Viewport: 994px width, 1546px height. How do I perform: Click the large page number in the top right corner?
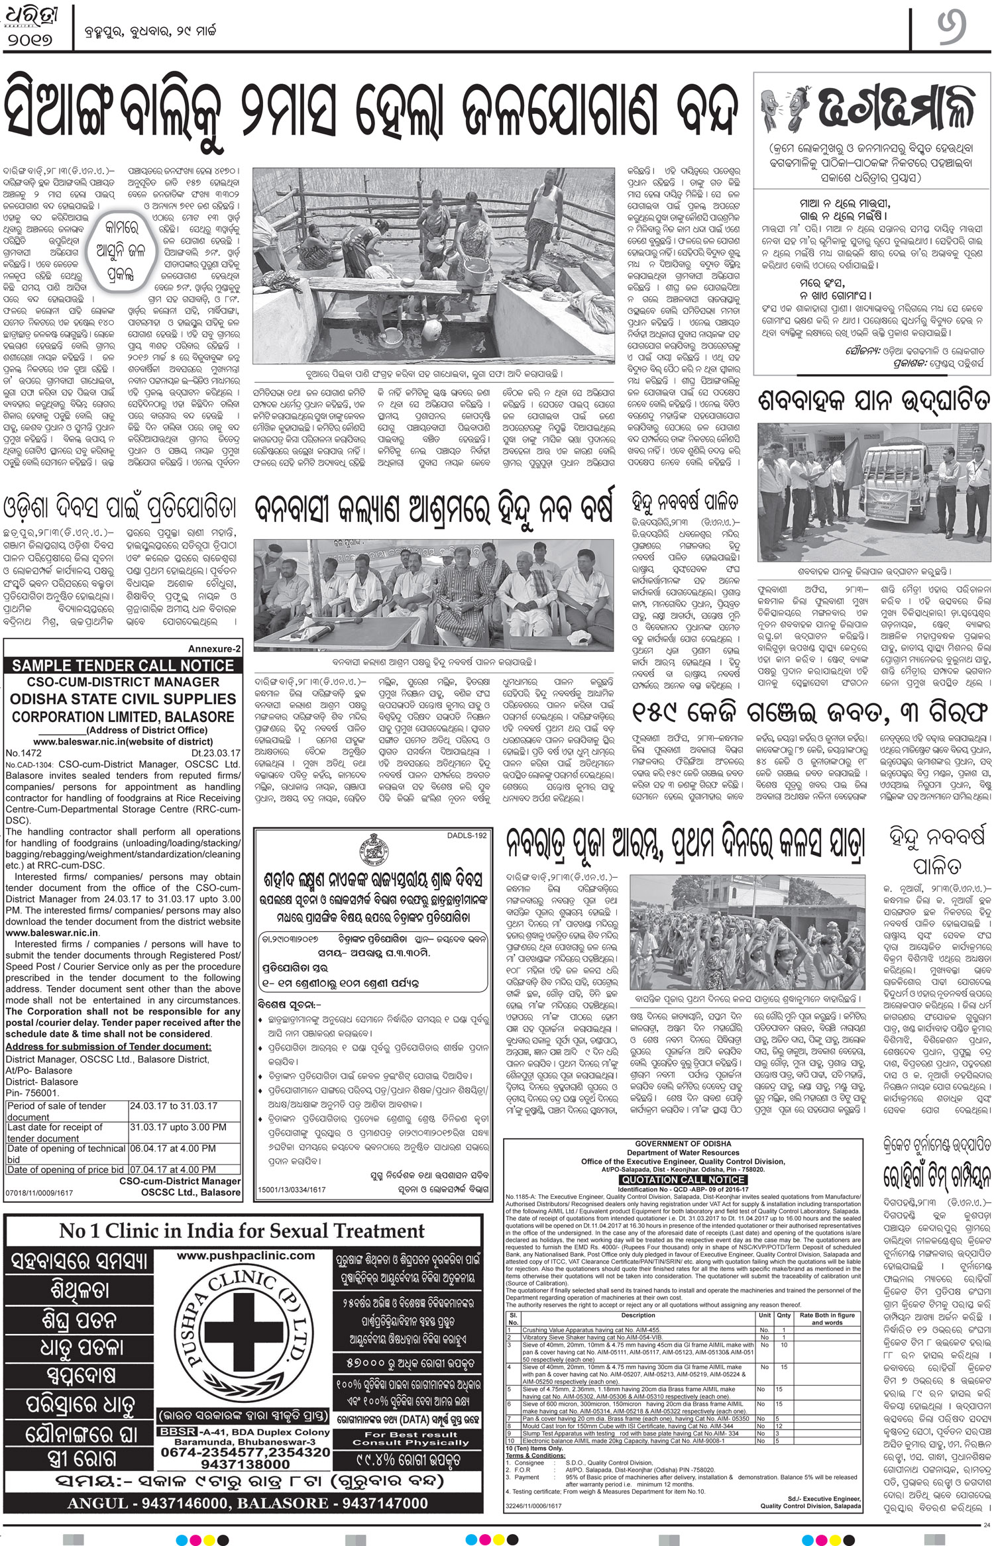tap(951, 32)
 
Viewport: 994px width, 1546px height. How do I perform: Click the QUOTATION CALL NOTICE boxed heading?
tap(683, 1180)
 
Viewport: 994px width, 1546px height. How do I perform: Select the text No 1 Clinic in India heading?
tap(242, 1231)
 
